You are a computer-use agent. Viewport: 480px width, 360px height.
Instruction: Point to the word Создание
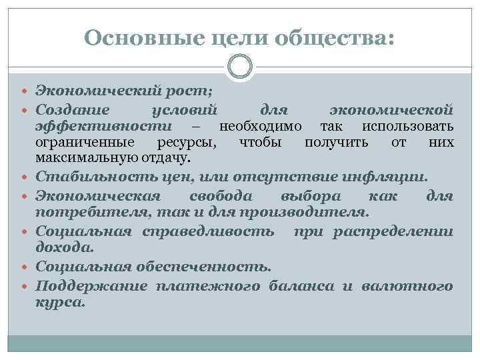click(75, 108)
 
